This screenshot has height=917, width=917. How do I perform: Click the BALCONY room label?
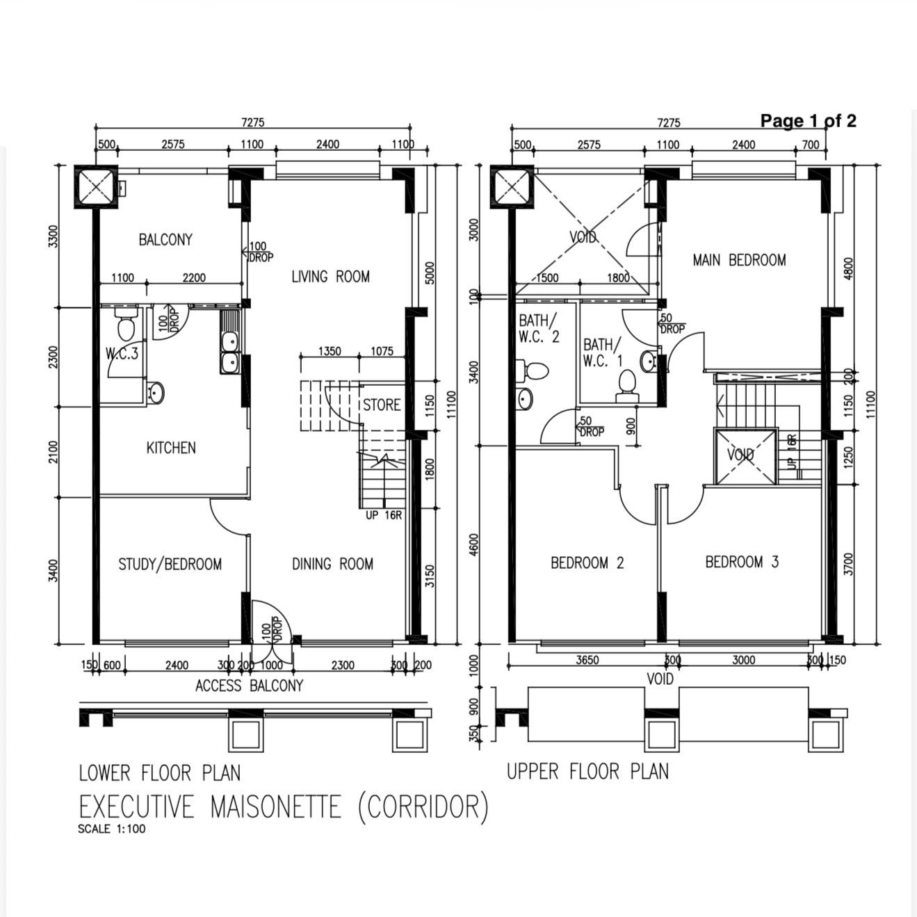coord(165,239)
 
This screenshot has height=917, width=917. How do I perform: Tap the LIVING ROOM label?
coord(331,277)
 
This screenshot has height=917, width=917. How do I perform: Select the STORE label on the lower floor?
coord(382,405)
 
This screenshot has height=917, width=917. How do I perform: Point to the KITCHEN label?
coord(171,448)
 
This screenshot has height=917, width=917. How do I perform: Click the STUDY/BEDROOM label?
coord(170,565)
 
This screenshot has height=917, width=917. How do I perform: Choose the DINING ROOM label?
coord(332,564)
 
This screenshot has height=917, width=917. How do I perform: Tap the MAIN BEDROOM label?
coord(739,260)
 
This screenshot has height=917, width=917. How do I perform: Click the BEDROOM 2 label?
coord(587,563)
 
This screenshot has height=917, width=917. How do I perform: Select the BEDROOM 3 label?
coord(742,562)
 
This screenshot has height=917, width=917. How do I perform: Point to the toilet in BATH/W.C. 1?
coord(627,386)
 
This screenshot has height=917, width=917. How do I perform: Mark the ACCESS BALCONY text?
coord(249,685)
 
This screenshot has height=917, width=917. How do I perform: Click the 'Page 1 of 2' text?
coord(808,121)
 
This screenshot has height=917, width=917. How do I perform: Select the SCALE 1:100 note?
coord(112,829)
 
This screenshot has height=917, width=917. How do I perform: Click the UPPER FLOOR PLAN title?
coord(587,772)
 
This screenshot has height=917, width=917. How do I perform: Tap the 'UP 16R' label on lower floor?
coord(384,515)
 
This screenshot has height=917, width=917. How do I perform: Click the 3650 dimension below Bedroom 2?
coord(587,660)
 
